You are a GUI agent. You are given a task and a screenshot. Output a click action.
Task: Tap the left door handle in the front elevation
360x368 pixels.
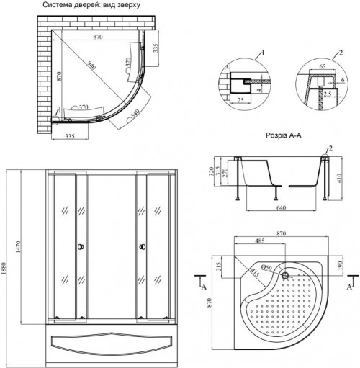pyautogui.click(x=80, y=247)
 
